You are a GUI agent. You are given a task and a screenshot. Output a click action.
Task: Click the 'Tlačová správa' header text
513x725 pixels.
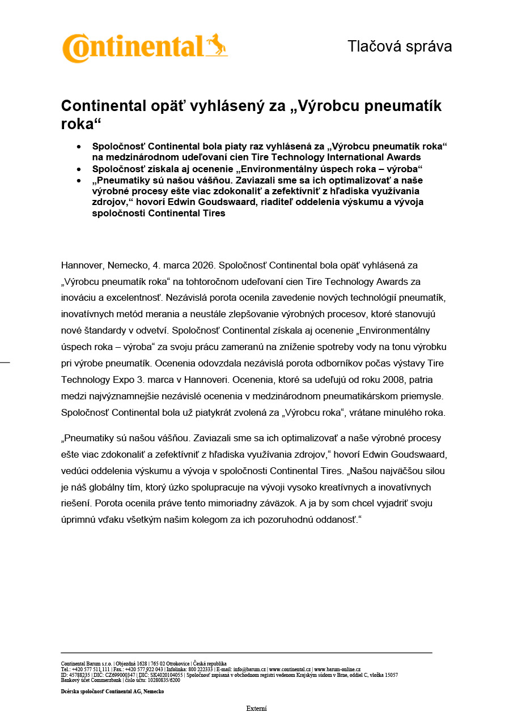tap(400, 46)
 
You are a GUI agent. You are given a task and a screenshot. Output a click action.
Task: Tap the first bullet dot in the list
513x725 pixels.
tap(79, 146)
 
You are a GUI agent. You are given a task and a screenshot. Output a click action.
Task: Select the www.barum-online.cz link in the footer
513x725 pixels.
tap(337, 669)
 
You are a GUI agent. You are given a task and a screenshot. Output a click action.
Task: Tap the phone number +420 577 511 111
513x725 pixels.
tap(90, 669)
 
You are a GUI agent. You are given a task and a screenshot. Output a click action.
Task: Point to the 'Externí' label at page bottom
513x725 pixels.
tap(256, 709)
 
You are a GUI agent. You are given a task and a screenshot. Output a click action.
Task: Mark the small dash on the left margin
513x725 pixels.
tap(5, 362)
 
